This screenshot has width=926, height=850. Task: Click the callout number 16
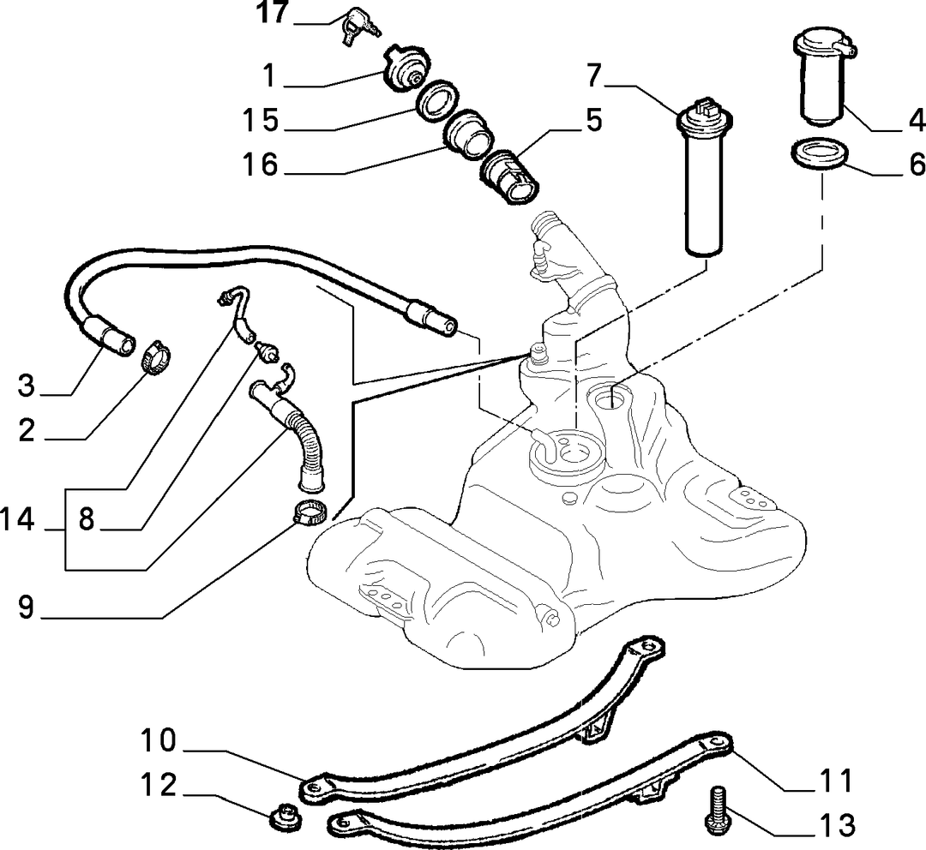(260, 165)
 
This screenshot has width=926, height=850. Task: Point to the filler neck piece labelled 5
(511, 176)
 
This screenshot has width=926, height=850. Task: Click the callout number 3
(26, 386)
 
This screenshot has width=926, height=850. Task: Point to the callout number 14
(18, 520)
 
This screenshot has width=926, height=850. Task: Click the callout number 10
(159, 740)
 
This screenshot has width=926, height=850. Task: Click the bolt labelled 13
(719, 811)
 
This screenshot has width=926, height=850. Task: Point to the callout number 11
(835, 781)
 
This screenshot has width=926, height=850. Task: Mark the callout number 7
(594, 75)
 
